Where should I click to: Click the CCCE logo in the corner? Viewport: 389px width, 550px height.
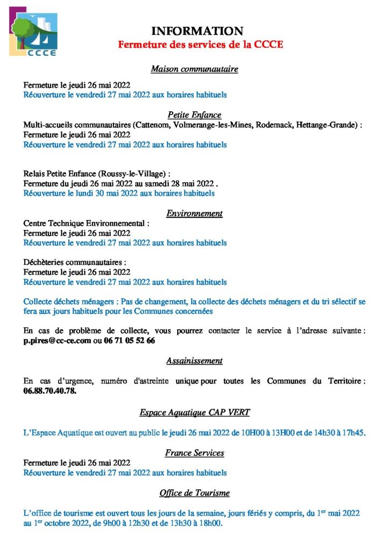[x=33, y=32]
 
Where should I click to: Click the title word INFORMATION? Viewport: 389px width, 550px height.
[x=197, y=31]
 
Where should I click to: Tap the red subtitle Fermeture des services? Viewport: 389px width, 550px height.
[x=200, y=45]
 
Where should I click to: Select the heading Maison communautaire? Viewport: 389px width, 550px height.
[x=195, y=69]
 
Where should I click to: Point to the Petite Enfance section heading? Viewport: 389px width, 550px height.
[x=195, y=114]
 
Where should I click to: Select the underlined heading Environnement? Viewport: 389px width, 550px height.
[x=195, y=213]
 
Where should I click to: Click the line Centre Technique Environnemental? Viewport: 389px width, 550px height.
[x=87, y=223]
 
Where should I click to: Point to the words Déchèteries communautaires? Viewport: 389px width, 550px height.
[x=75, y=262]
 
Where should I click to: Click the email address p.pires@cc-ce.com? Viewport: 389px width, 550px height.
[x=57, y=341]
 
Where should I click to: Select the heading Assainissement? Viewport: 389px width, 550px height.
[x=195, y=360]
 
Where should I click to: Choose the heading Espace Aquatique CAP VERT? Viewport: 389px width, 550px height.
[x=195, y=412]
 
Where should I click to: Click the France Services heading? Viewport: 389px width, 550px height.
[x=195, y=453]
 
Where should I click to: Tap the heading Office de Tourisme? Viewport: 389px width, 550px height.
[x=195, y=493]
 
